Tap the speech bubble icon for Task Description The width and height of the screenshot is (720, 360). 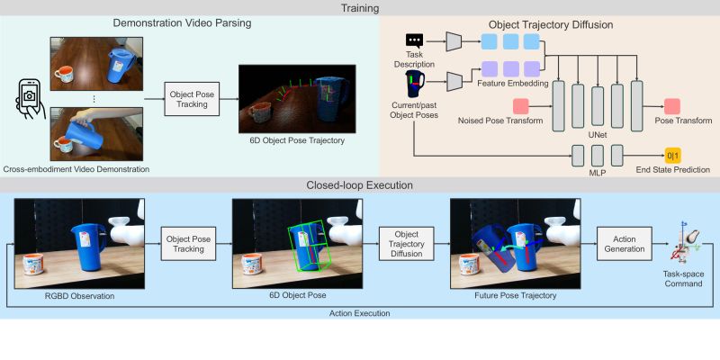click(x=415, y=40)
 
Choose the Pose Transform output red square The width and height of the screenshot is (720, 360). click(x=672, y=107)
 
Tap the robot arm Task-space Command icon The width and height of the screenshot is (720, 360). click(x=687, y=243)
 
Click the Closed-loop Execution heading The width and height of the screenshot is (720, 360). click(x=359, y=185)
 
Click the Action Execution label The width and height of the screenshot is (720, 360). click(x=359, y=312)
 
